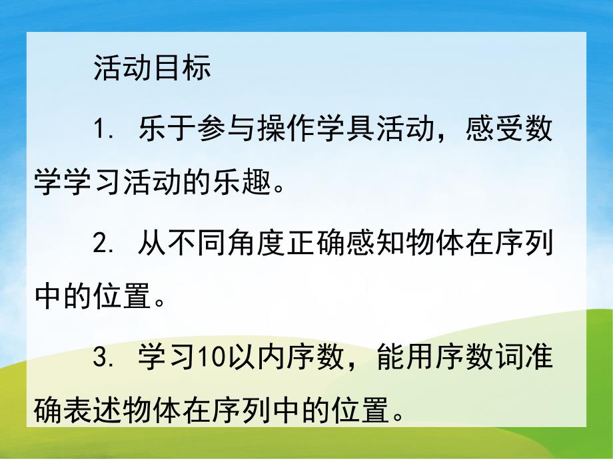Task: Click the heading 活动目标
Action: pos(153,68)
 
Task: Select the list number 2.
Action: pos(102,243)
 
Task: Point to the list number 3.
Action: pos(102,360)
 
